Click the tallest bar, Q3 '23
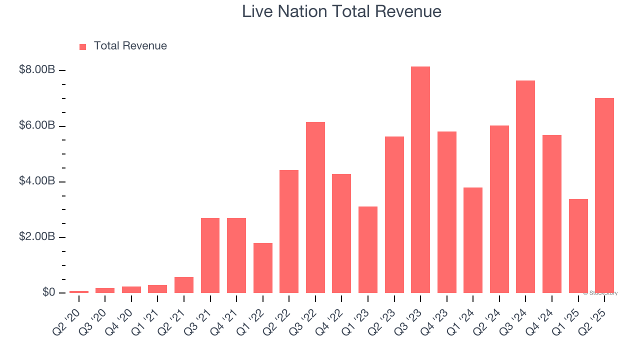420,180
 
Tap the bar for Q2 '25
604,195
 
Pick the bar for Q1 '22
262,268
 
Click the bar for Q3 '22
315,207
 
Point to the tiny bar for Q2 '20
79,291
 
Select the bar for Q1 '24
473,240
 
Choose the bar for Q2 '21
184,285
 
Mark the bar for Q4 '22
341,233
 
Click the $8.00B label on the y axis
36,70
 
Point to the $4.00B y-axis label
36,181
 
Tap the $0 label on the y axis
48,292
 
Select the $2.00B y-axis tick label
36,236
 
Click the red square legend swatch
83,46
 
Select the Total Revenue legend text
130,46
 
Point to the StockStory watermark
600,293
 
